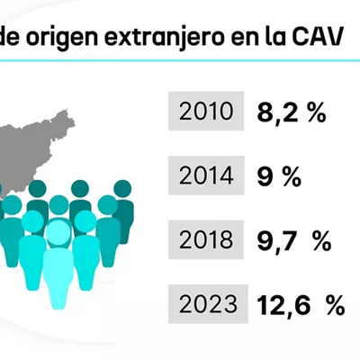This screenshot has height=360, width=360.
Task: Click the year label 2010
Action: [x=206, y=112]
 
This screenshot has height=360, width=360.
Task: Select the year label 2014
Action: [x=206, y=175]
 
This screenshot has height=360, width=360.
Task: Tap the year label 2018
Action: [x=206, y=239]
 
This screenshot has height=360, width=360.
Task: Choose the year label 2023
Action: [x=208, y=304]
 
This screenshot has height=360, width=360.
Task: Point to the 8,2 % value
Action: [x=292, y=112]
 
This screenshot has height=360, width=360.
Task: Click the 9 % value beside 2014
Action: [x=279, y=176]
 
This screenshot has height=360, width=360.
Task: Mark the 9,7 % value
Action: [x=294, y=241]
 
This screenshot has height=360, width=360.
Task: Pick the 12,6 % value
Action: [x=301, y=305]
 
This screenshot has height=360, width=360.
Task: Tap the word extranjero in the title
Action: [x=164, y=38]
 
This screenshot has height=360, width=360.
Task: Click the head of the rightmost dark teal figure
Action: [x=122, y=189]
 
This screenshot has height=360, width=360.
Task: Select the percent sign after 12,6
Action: [x=336, y=304]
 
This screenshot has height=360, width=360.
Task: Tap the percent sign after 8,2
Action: [x=317, y=112]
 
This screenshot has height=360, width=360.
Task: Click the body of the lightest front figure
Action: [x=58, y=277]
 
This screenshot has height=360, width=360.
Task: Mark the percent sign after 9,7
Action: [x=322, y=240]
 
